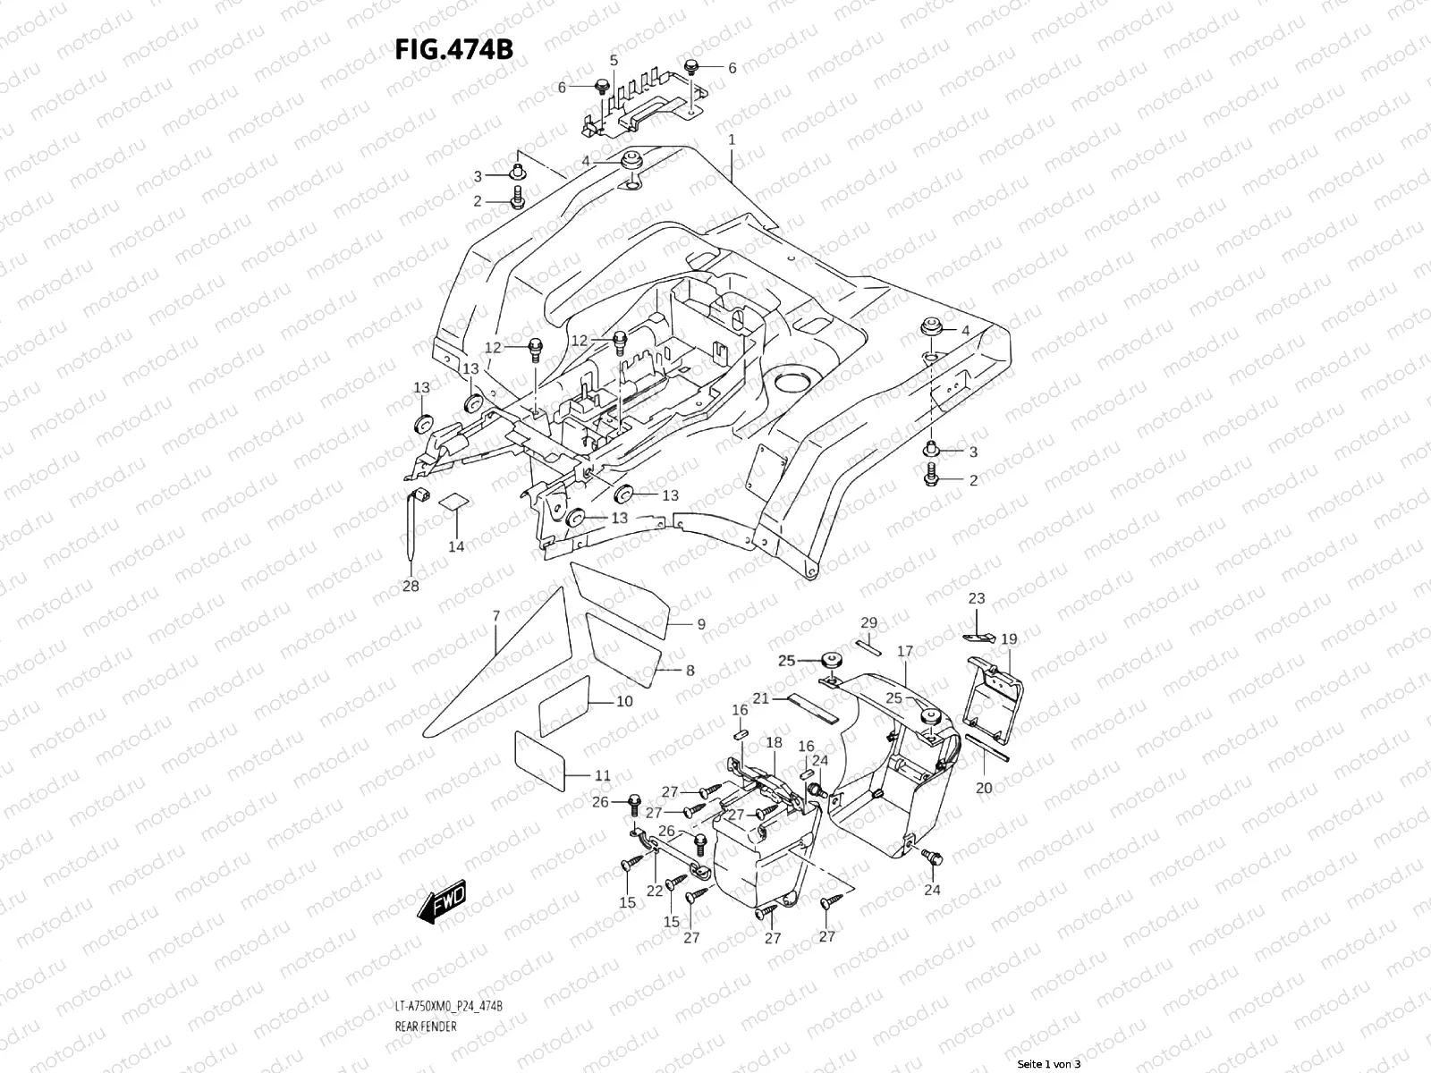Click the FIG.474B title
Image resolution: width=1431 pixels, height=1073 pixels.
pos(454,49)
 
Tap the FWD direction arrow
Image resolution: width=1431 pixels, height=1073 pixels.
pos(442,901)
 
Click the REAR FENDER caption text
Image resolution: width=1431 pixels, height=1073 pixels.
pos(426,1027)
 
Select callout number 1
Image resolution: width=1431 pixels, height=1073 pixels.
pos(732,139)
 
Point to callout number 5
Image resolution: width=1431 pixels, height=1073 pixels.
pos(614,61)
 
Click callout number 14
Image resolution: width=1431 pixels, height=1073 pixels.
pos(456,546)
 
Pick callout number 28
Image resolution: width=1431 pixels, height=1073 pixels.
pos(411,586)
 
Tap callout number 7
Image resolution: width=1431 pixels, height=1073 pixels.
pos(496,615)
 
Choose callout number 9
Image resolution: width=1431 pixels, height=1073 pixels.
pos(701,624)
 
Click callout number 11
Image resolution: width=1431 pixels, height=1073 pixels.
pos(603,775)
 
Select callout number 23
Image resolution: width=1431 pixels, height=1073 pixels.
pos(977,598)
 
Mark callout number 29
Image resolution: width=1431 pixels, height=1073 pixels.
pos(869,623)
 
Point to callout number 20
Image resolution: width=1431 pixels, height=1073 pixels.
pos(984,788)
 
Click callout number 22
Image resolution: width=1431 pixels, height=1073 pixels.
pos(655,891)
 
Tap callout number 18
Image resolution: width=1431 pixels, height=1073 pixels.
pos(774,742)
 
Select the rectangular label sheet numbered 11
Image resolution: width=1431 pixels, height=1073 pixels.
pos(539,760)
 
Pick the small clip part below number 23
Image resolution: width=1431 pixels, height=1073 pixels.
pos(979,637)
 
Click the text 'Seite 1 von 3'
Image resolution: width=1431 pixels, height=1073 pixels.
pos(1049,1064)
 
